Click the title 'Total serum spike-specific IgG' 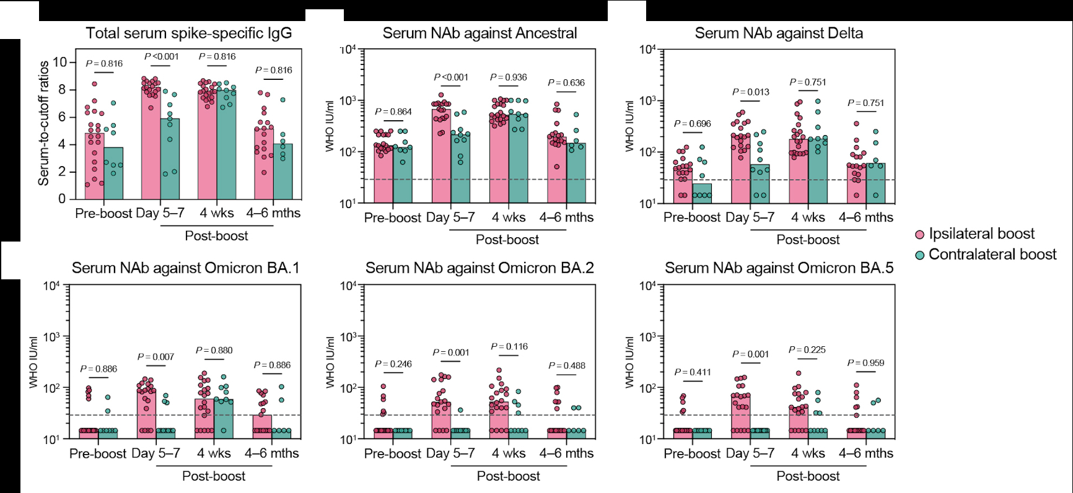click(x=188, y=33)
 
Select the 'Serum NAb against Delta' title click(x=779, y=33)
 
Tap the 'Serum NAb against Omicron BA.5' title click(x=779, y=268)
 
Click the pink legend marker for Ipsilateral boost click(x=920, y=235)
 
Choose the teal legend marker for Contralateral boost click(x=920, y=255)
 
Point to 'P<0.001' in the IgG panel click(x=162, y=56)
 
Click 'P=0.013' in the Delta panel click(x=751, y=92)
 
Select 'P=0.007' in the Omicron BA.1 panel click(x=155, y=357)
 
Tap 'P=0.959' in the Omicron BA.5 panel click(x=865, y=363)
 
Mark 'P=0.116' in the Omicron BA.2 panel click(x=509, y=347)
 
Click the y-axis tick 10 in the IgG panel click(x=59, y=62)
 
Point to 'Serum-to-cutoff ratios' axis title click(x=43, y=124)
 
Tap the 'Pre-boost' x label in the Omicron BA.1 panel click(x=98, y=453)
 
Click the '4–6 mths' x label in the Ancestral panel click(x=566, y=217)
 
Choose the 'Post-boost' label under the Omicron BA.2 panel click(x=508, y=476)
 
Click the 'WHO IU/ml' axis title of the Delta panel click(x=629, y=126)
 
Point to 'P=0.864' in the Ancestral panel click(x=393, y=111)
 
